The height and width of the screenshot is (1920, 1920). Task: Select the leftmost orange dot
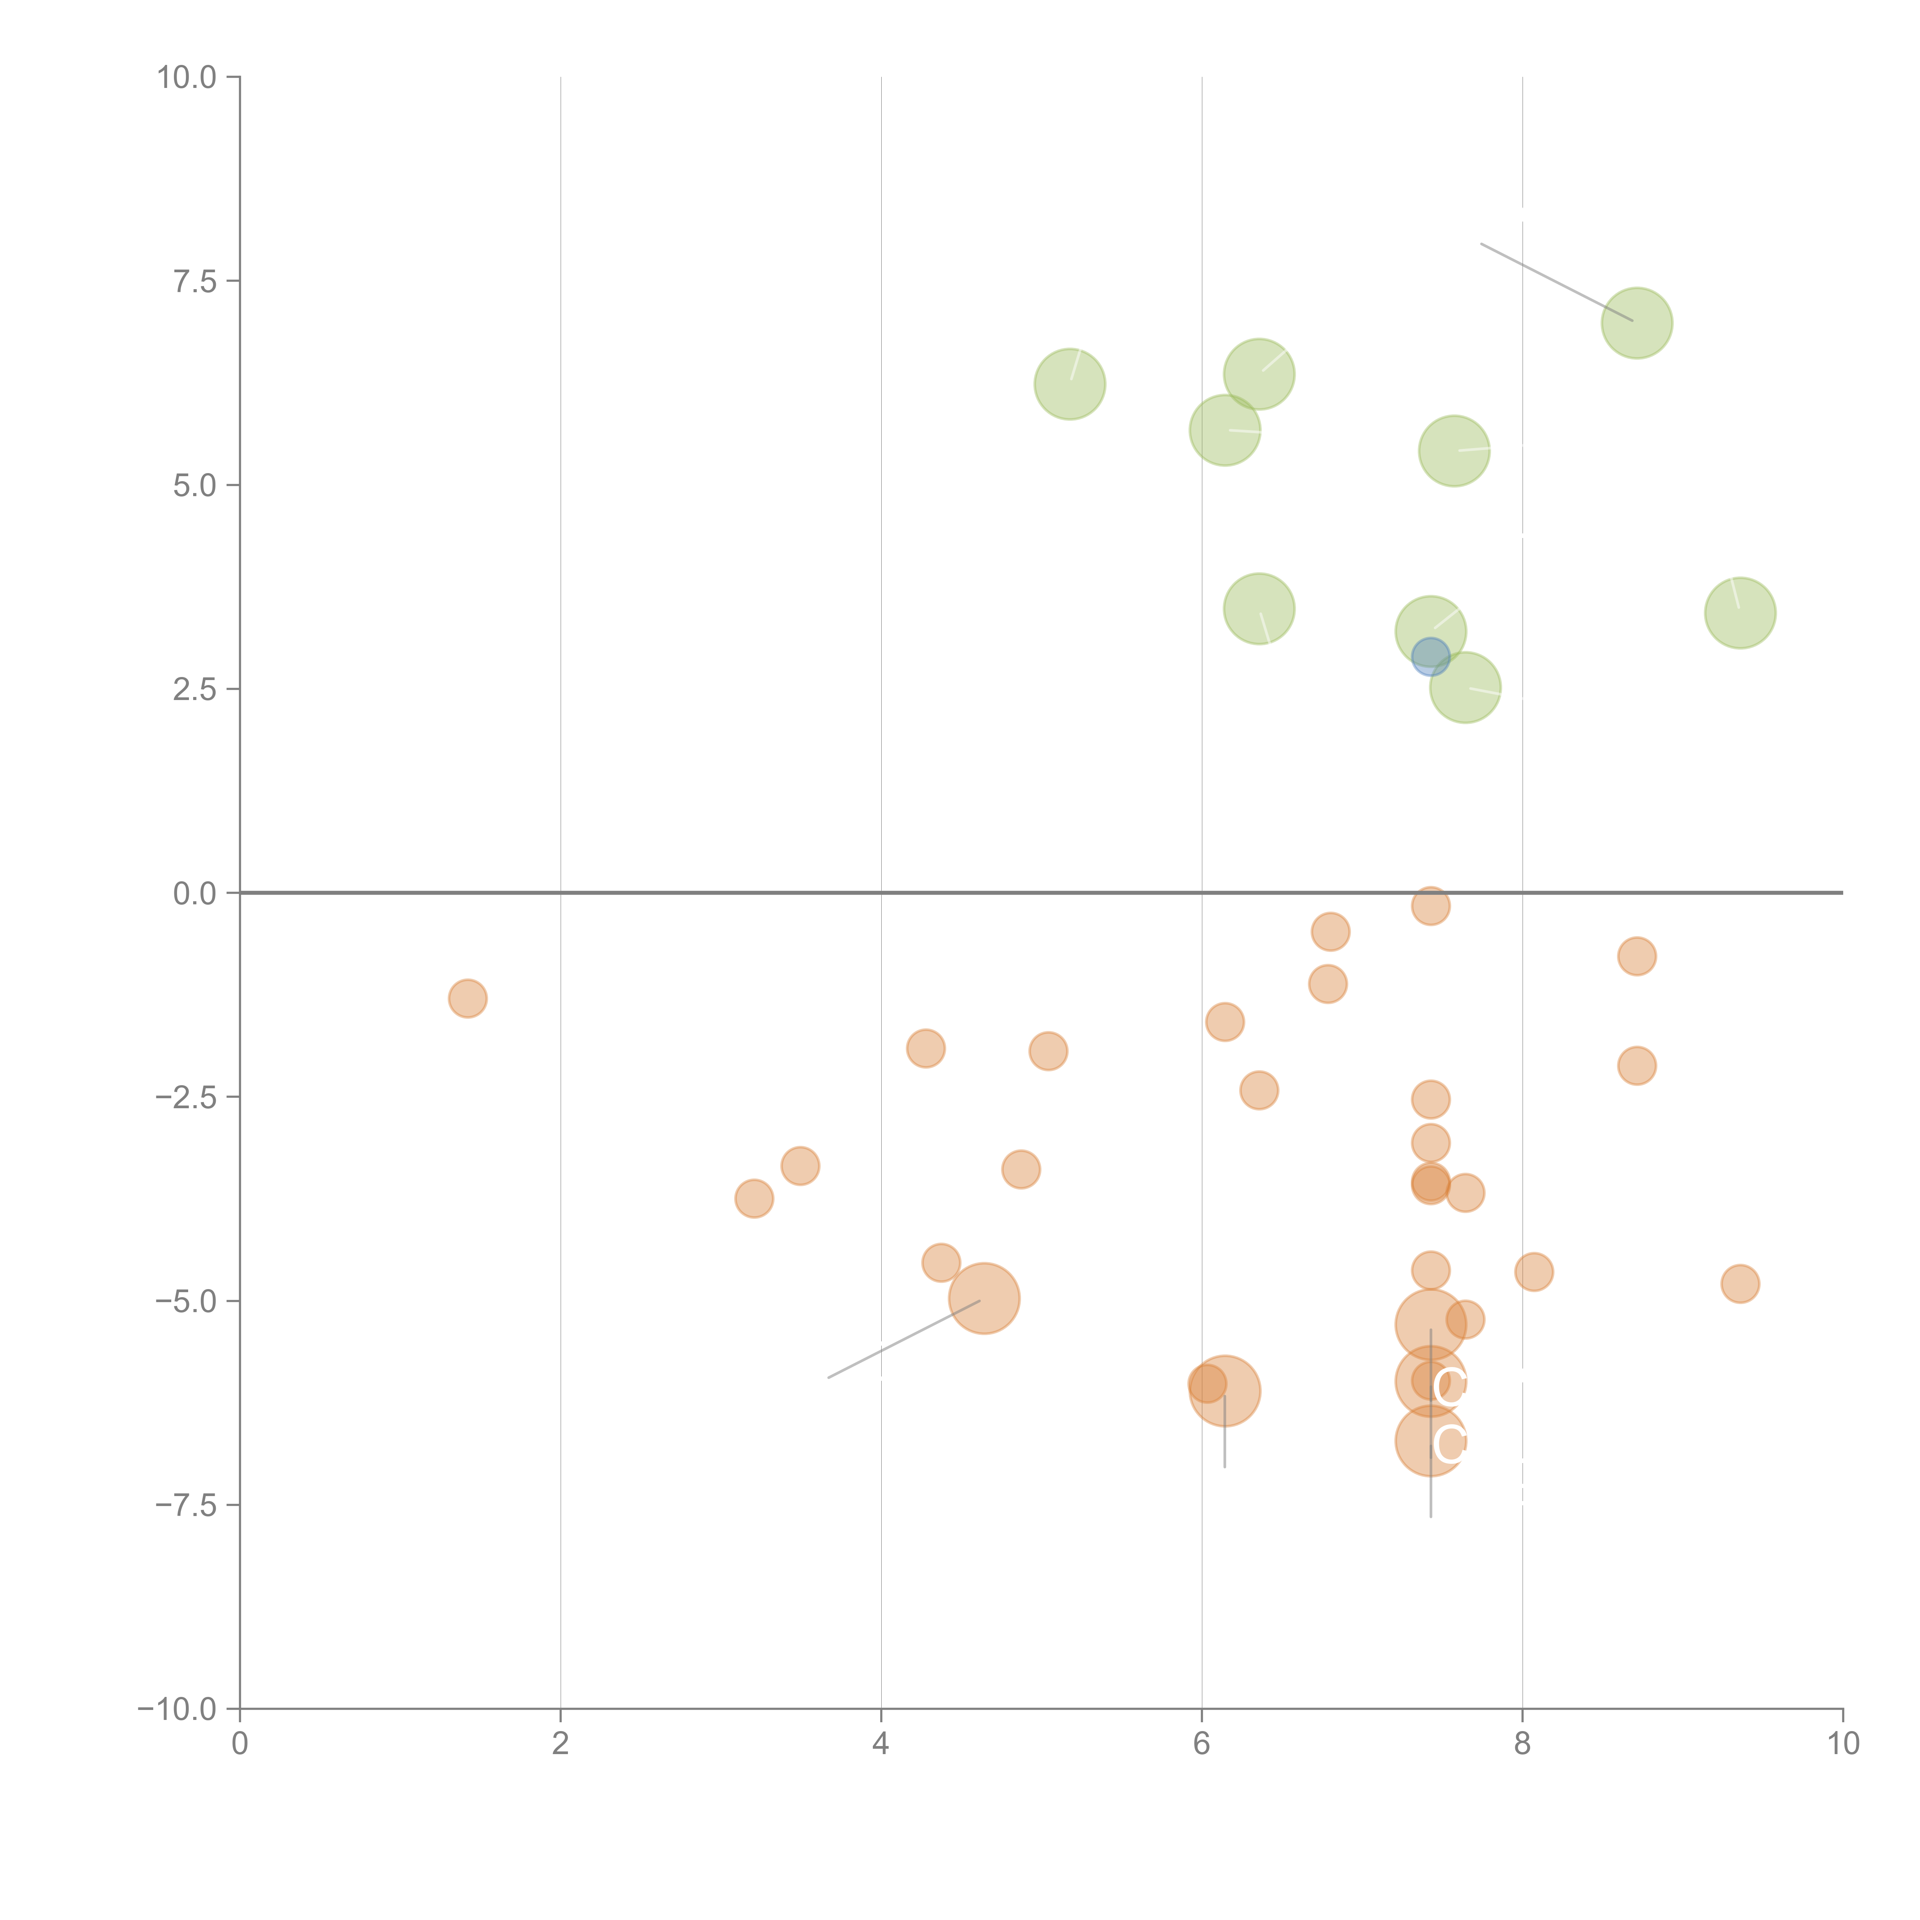(x=467, y=998)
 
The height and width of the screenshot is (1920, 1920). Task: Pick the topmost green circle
(x=1637, y=323)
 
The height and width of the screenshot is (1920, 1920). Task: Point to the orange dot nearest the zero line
(x=1430, y=905)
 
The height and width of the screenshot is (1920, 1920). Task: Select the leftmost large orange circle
(x=984, y=1298)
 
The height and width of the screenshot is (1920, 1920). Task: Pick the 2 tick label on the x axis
(x=561, y=1744)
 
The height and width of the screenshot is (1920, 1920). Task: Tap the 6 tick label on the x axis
(x=1202, y=1744)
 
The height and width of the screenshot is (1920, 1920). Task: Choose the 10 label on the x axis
(x=1842, y=1744)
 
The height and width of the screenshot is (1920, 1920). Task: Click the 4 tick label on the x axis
(x=881, y=1744)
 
